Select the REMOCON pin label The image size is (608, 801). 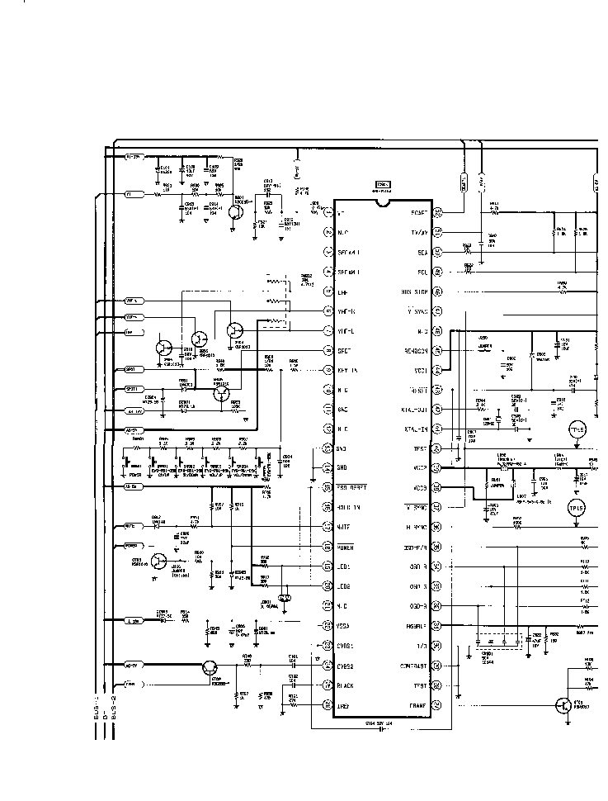pos(415,349)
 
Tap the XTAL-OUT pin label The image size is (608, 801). pos(415,409)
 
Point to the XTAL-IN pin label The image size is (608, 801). pos(417,429)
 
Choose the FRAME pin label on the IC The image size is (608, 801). pos(417,705)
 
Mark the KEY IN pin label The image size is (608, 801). pos(347,370)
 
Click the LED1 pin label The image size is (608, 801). pos(345,566)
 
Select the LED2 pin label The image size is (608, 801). pos(345,586)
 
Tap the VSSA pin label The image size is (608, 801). pos(346,626)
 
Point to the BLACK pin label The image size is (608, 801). pos(346,685)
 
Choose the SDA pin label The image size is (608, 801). pos(419,252)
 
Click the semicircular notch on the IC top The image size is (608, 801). pos(383,201)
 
